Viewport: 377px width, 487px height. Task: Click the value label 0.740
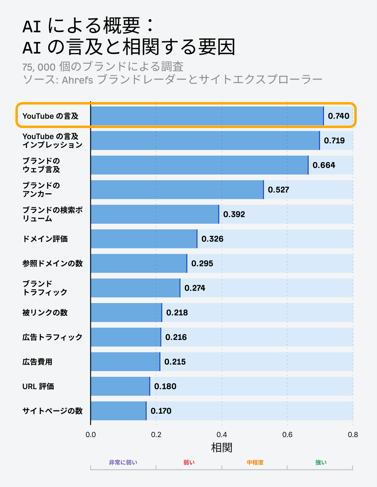click(x=338, y=116)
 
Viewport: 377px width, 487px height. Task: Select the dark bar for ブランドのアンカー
click(x=177, y=190)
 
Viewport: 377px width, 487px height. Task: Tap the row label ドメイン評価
click(x=45, y=239)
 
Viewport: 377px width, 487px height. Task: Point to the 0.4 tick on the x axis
click(x=222, y=435)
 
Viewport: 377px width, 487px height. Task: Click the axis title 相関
click(x=222, y=448)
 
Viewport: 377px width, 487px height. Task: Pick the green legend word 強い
click(x=321, y=462)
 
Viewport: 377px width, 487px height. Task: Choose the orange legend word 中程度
click(x=255, y=462)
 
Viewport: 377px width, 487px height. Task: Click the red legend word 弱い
click(x=189, y=462)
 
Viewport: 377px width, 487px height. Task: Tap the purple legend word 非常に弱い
click(x=123, y=462)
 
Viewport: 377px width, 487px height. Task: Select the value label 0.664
click(x=324, y=165)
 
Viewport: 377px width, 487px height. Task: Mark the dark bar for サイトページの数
click(x=118, y=411)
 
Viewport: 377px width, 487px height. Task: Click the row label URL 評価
click(x=38, y=387)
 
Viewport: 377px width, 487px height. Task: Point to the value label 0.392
click(x=234, y=214)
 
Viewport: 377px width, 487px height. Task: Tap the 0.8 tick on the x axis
click(x=353, y=435)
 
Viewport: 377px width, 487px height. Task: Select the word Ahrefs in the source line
click(x=77, y=79)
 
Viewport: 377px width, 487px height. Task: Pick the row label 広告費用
click(x=37, y=362)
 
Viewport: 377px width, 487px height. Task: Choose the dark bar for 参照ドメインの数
click(x=139, y=263)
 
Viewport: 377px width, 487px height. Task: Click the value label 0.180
click(x=165, y=387)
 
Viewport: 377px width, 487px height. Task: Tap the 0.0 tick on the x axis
click(x=91, y=435)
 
